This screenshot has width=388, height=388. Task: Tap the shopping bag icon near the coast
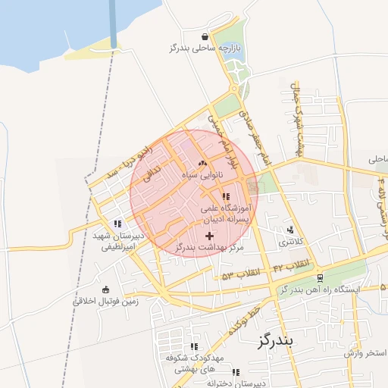205,36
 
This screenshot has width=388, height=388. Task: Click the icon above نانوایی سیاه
202,163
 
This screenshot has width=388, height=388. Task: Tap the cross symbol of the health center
209,236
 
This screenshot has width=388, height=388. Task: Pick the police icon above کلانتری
289,230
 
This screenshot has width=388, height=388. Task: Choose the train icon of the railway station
321,278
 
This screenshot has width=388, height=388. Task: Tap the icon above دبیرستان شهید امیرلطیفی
117,224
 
